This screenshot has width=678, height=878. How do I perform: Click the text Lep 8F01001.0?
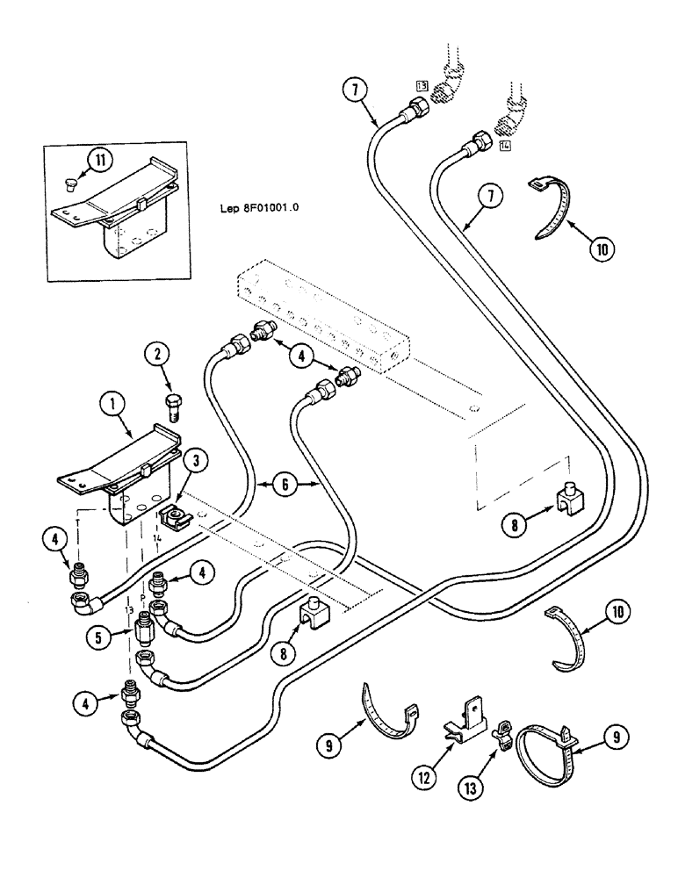tap(260, 209)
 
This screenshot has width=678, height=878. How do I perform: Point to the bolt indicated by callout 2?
tap(172, 408)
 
